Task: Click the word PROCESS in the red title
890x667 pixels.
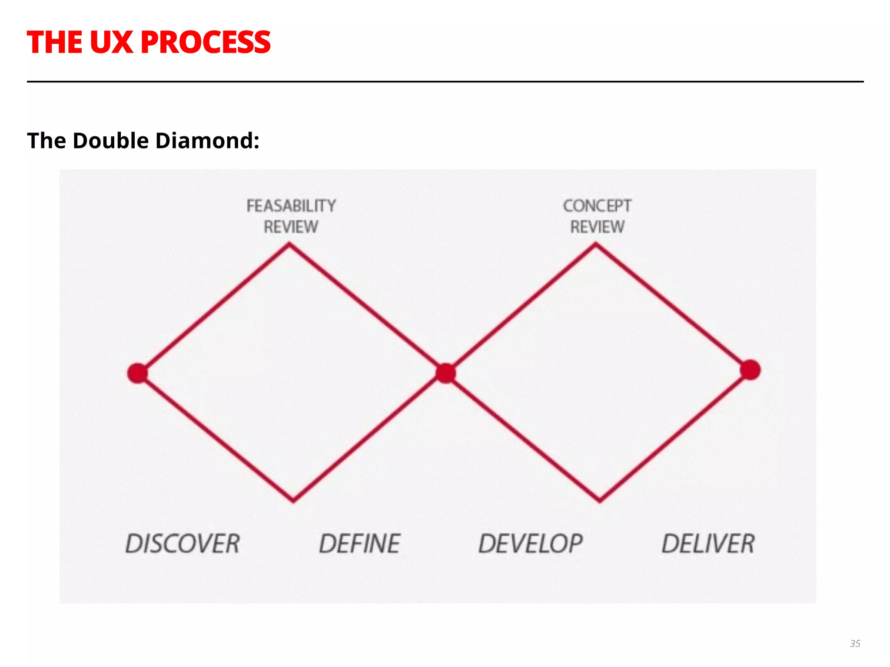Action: pyautogui.click(x=206, y=43)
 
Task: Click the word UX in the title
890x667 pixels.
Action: pyautogui.click(x=111, y=43)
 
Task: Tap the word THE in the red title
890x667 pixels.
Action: pyautogui.click(x=55, y=43)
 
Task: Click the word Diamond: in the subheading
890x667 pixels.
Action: pyautogui.click(x=207, y=141)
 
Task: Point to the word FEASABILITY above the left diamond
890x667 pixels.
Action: pyautogui.click(x=291, y=206)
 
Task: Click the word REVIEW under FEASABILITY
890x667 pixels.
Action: pyautogui.click(x=291, y=227)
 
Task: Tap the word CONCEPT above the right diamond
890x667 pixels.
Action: pyautogui.click(x=597, y=206)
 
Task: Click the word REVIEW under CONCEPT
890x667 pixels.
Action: pyautogui.click(x=597, y=227)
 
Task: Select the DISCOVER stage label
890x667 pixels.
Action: pyautogui.click(x=183, y=544)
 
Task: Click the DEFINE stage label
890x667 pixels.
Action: pyautogui.click(x=359, y=544)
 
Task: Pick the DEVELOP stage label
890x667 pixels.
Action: pyautogui.click(x=531, y=544)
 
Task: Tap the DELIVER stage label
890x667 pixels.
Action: pyautogui.click(x=708, y=544)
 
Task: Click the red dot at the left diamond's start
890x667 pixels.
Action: pyautogui.click(x=138, y=373)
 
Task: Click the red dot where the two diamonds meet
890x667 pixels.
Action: pyautogui.click(x=445, y=373)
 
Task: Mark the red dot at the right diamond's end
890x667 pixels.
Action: pyautogui.click(x=750, y=370)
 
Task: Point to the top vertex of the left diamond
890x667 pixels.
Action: pyautogui.click(x=289, y=245)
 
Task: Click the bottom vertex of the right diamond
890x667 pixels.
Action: pyautogui.click(x=600, y=501)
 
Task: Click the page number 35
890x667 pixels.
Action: pyautogui.click(x=855, y=644)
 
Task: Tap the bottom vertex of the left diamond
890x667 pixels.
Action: pyautogui.click(x=293, y=501)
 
